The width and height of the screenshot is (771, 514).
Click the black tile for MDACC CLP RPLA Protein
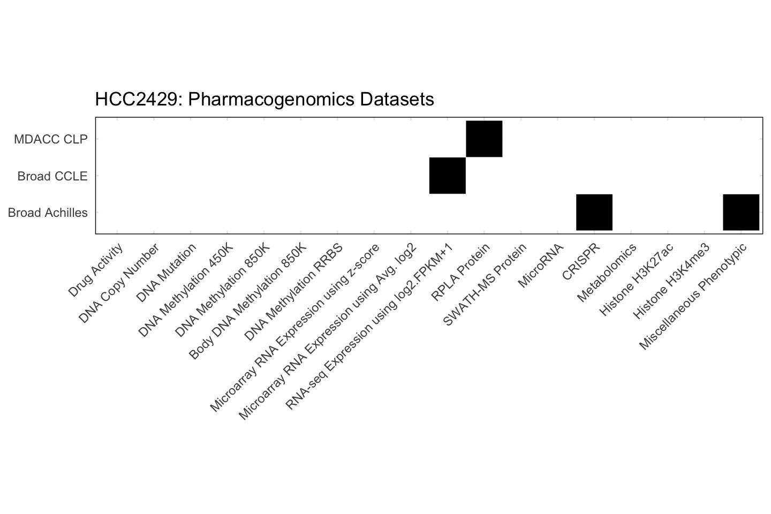click(484, 139)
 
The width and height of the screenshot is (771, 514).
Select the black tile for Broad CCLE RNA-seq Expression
click(447, 176)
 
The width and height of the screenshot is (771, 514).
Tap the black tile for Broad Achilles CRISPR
click(594, 212)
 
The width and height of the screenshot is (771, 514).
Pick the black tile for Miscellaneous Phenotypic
click(741, 212)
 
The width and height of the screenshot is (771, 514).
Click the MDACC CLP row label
click(50, 139)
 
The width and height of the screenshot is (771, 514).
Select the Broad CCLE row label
click(52, 176)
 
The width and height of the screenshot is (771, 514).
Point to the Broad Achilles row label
click(48, 213)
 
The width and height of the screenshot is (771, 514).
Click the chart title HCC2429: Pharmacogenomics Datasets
click(264, 99)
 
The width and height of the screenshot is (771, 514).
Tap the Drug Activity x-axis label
click(96, 270)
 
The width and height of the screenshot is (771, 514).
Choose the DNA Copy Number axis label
click(118, 284)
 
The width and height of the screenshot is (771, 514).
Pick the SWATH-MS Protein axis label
click(485, 284)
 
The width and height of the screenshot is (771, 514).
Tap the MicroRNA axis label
click(541, 266)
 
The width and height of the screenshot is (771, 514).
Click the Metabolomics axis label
click(607, 272)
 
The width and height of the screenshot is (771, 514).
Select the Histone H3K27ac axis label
click(636, 279)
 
